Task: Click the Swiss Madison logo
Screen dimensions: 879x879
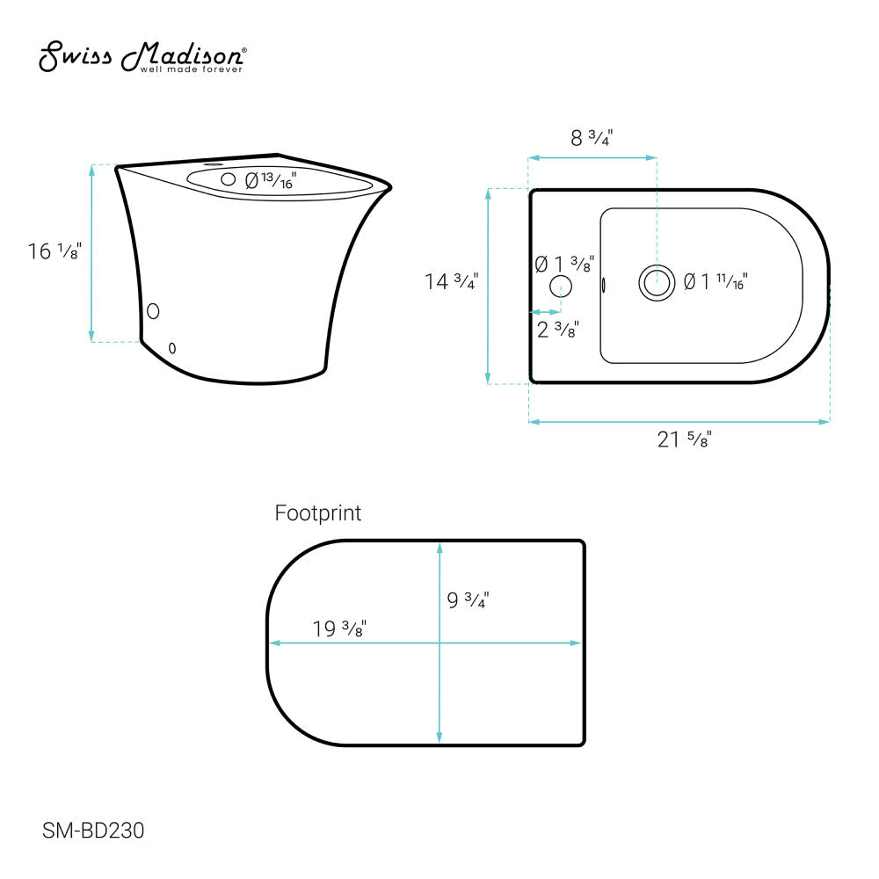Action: point(142,56)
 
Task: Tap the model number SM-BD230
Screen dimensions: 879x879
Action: point(93,831)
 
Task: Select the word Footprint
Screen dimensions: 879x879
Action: point(318,513)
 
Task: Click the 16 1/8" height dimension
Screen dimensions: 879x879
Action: point(54,251)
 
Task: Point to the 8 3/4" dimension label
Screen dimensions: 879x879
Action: point(592,137)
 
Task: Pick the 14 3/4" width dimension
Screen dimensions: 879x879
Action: point(451,281)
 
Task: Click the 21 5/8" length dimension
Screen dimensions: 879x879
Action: point(685,439)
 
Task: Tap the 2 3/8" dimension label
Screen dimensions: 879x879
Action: point(558,329)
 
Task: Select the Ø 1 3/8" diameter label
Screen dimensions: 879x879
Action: point(564,264)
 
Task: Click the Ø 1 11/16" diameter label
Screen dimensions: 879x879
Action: point(716,281)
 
